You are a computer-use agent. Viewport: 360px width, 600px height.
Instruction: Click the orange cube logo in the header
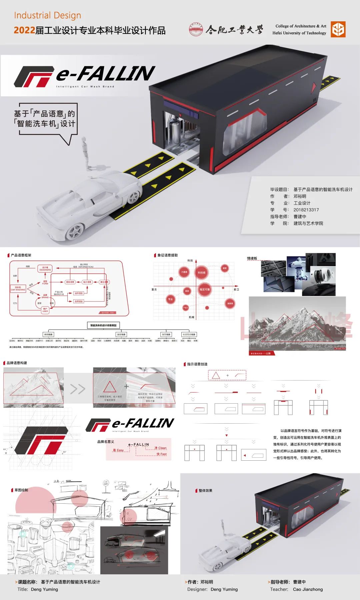[x=338, y=29]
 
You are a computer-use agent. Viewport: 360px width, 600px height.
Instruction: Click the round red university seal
[x=196, y=30]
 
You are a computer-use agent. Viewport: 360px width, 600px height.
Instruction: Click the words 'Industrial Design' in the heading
[x=47, y=15]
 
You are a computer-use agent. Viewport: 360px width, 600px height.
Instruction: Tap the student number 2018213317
[x=306, y=210]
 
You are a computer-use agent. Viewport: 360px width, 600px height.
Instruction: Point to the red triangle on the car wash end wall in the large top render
[x=313, y=88]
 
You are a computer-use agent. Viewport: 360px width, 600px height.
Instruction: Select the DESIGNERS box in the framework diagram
[x=45, y=268]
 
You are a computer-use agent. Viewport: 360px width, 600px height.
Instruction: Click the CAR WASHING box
[x=18, y=288]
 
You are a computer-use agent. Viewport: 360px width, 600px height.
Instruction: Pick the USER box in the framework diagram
[x=45, y=310]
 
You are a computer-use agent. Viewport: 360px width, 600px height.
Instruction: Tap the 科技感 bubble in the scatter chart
[x=202, y=273]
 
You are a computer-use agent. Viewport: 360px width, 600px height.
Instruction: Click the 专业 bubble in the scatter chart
[x=170, y=299]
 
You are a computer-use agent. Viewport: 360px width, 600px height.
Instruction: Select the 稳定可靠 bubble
[x=205, y=289]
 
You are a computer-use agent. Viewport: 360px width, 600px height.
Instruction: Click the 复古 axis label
[x=154, y=289]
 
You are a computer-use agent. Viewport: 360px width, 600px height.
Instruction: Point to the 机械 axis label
[x=191, y=317]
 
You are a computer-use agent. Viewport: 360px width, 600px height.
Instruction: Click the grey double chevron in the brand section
[x=78, y=389]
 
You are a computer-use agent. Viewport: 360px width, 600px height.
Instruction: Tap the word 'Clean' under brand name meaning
[x=162, y=448]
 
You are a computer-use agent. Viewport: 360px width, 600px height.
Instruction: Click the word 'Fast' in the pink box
[x=163, y=454]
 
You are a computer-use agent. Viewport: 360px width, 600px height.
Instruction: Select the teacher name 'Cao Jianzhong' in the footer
[x=308, y=589]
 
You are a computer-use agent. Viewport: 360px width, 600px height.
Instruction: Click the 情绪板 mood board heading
[x=252, y=258]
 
